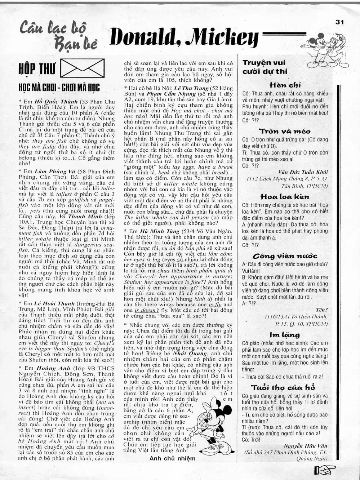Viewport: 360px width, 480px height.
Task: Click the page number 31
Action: (339, 22)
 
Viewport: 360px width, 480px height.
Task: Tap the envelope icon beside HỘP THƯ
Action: (82, 68)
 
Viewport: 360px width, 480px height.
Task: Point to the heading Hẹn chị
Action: (285, 85)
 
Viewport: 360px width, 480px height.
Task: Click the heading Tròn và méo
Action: (284, 131)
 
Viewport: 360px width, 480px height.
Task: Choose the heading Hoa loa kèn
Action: (285, 196)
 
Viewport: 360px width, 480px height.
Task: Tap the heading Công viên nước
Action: (285, 256)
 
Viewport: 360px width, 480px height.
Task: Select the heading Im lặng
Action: (284, 335)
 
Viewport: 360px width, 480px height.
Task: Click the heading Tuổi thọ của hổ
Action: (283, 387)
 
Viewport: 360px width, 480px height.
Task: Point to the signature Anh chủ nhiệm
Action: (172, 458)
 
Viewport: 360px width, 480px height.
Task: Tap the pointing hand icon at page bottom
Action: (324, 470)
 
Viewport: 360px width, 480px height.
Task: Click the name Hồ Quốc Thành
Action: (51, 102)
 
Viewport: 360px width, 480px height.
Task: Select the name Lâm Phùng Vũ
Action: (51, 172)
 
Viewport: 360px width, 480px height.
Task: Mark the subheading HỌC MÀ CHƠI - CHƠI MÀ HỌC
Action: (59, 88)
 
